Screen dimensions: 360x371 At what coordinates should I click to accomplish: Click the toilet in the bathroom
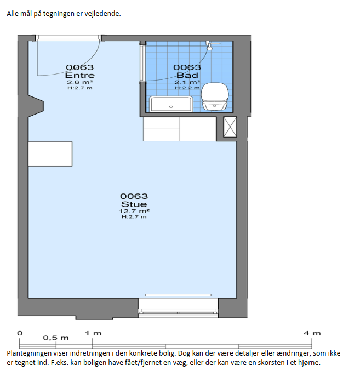click(215, 96)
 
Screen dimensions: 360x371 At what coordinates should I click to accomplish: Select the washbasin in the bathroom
click(171, 104)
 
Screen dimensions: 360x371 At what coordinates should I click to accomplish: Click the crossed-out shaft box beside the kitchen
click(230, 127)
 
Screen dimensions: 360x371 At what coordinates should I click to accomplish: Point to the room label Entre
click(79, 75)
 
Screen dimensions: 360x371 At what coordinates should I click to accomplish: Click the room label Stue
click(134, 204)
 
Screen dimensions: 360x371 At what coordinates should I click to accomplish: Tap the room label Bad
click(187, 75)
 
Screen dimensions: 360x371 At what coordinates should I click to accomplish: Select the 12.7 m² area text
click(134, 211)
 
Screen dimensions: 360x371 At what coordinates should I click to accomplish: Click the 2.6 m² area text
click(79, 82)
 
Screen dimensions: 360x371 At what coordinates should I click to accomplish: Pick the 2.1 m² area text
click(187, 82)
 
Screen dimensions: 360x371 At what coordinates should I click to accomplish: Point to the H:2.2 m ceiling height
click(187, 88)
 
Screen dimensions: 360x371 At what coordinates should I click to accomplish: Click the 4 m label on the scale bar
click(312, 333)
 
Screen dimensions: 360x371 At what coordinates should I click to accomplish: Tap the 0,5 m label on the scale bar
click(56, 338)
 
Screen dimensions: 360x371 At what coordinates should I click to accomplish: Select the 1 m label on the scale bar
click(93, 333)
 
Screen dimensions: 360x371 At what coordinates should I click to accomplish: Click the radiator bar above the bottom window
click(178, 295)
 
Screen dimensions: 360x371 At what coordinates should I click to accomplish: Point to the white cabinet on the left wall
click(50, 154)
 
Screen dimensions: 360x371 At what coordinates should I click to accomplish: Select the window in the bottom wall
click(178, 311)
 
